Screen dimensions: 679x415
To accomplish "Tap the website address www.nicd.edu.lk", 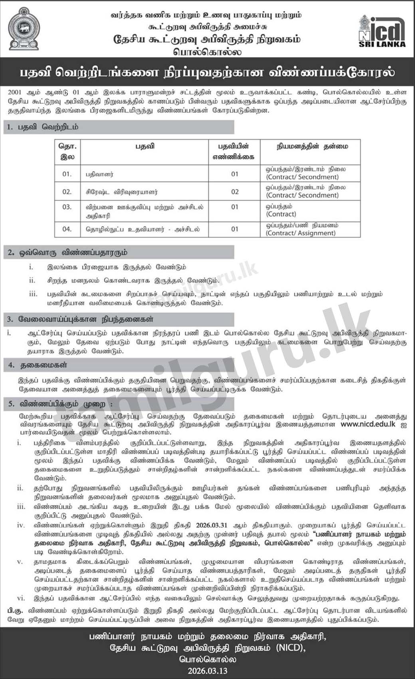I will pyautogui.click(x=368, y=424).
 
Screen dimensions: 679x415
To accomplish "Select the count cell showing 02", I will pyautogui.click(x=234, y=192).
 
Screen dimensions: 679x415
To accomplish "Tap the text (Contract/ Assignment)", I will pyautogui.click(x=301, y=233).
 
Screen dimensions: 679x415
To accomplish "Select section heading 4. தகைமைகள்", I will pyautogui.click(x=38, y=365).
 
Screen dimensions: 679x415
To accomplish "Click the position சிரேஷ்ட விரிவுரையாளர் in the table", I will pyautogui.click(x=121, y=192).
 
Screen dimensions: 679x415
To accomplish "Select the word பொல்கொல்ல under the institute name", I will pyautogui.click(x=207, y=51).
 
